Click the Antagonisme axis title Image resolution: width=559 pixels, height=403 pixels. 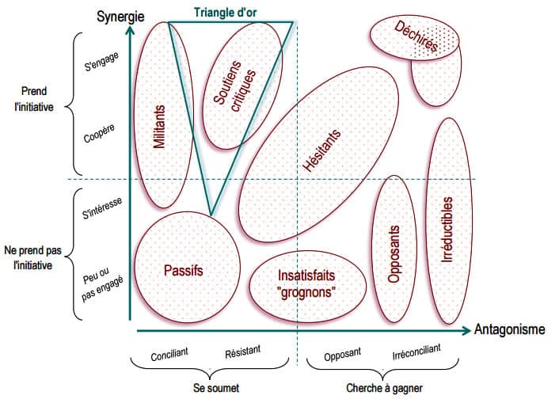[510, 329]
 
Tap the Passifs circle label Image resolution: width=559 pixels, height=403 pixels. [183, 270]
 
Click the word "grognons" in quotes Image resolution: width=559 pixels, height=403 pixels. [308, 291]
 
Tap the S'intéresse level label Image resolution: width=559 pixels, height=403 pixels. [101, 212]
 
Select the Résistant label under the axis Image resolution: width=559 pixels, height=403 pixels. [242, 352]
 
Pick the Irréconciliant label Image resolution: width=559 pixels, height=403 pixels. [416, 352]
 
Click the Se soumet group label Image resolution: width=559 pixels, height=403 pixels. [215, 389]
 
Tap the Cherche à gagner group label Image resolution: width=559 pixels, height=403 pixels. [384, 389]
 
